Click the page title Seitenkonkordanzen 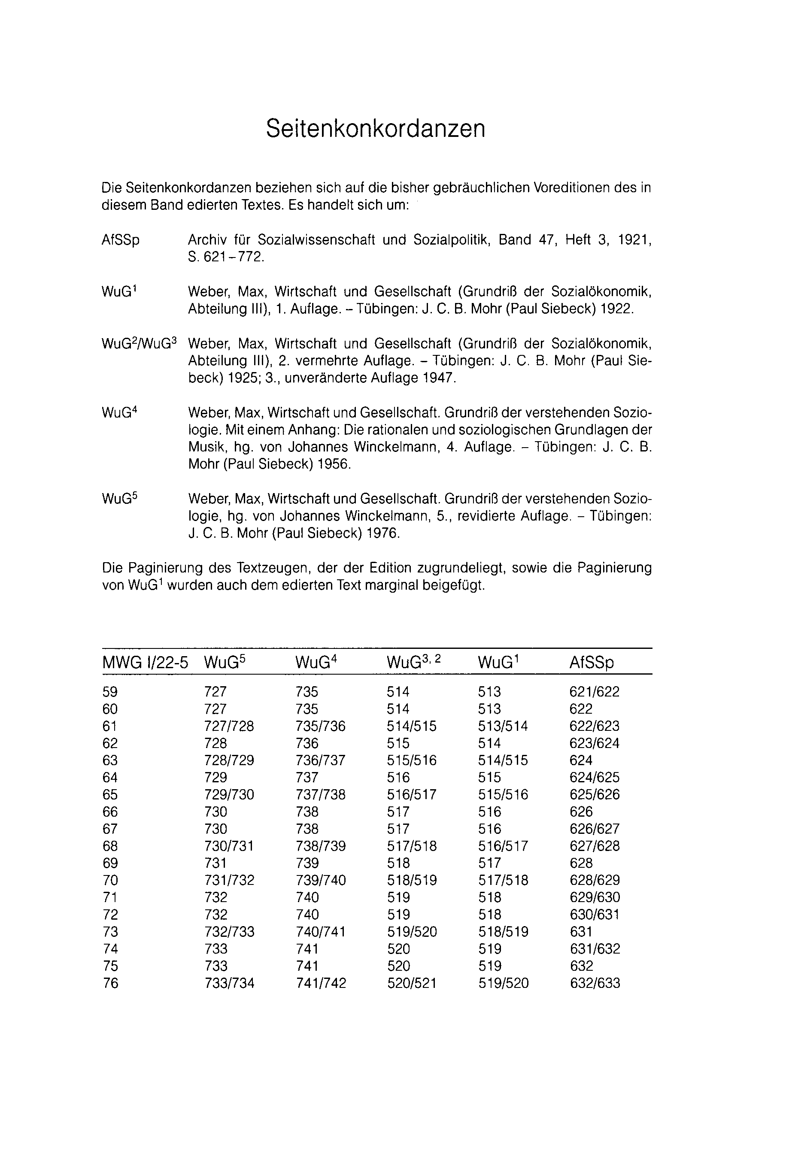pyautogui.click(x=376, y=129)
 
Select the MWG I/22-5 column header pyautogui.click(x=145, y=663)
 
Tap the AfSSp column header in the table pyautogui.click(x=591, y=663)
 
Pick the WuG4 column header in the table pyautogui.click(x=316, y=663)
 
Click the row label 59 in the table pyautogui.click(x=110, y=692)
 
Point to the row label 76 pyautogui.click(x=110, y=983)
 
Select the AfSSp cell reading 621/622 pyautogui.click(x=595, y=692)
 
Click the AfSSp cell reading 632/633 pyautogui.click(x=595, y=983)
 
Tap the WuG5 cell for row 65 pyautogui.click(x=229, y=795)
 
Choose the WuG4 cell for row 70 pyautogui.click(x=321, y=880)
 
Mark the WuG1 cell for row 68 pyautogui.click(x=503, y=846)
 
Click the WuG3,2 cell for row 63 pyautogui.click(x=412, y=760)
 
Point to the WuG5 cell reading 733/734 pyautogui.click(x=229, y=983)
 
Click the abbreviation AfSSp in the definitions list pyautogui.click(x=120, y=240)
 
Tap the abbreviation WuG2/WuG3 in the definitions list pyautogui.click(x=139, y=344)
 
